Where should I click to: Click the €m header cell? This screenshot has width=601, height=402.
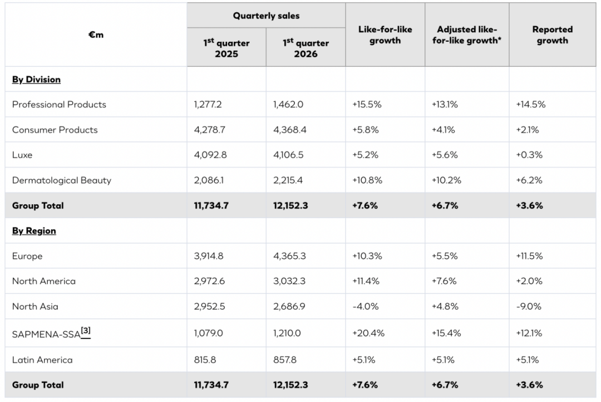pyautogui.click(x=96, y=35)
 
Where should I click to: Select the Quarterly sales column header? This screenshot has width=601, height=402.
pyautogui.click(x=266, y=16)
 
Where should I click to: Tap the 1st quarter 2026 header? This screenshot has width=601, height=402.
pyautogui.click(x=306, y=48)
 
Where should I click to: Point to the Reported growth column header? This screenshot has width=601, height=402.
pyautogui.click(x=552, y=35)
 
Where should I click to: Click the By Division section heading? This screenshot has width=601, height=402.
pyautogui.click(x=36, y=80)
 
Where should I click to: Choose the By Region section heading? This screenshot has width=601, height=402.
pyautogui.click(x=34, y=231)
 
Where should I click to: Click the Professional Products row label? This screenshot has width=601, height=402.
pyautogui.click(x=59, y=105)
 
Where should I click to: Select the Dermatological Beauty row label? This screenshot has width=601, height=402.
pyautogui.click(x=62, y=180)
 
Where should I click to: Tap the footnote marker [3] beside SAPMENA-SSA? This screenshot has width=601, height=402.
pyautogui.click(x=86, y=331)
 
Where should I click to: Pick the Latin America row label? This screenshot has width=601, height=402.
pyautogui.click(x=42, y=360)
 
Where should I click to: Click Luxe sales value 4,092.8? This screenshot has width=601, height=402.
pyautogui.click(x=210, y=155)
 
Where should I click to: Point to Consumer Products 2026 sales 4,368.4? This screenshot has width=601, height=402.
pyautogui.click(x=289, y=130)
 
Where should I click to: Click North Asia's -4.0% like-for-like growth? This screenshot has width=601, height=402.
pyautogui.click(x=365, y=306)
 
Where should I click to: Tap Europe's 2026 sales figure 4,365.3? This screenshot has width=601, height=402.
pyautogui.click(x=289, y=256)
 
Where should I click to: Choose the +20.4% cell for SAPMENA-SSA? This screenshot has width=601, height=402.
pyautogui.click(x=368, y=333)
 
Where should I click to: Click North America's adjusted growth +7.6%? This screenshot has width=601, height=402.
pyautogui.click(x=444, y=281)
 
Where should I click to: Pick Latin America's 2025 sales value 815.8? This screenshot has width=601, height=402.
pyautogui.click(x=205, y=360)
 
